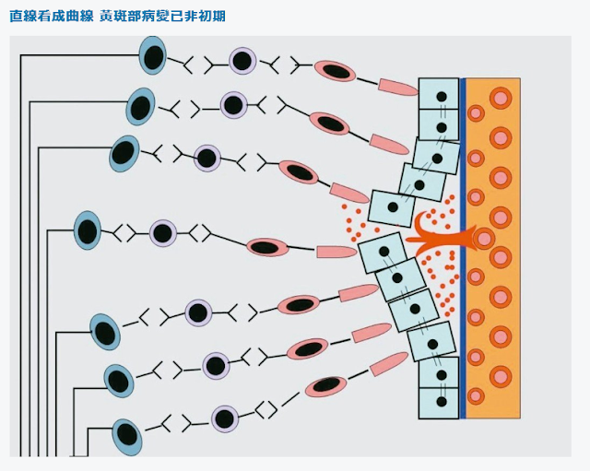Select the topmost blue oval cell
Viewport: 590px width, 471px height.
pos(152,56)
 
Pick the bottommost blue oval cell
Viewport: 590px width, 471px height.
pos(126,436)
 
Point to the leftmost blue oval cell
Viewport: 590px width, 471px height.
pos(88,230)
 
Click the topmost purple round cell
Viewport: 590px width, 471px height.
pos(242,62)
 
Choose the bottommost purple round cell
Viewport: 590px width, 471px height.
pos(225,419)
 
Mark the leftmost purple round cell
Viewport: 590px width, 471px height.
pos(163,233)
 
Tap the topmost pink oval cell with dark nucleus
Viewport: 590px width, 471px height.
pos(336,71)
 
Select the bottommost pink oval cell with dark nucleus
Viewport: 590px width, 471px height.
pos(325,387)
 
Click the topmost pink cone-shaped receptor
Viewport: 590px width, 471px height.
pos(398,88)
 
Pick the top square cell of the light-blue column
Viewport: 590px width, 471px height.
pos(439,95)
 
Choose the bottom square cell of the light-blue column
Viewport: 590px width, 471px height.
pos(439,404)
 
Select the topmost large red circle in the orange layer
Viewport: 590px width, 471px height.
pos(501,98)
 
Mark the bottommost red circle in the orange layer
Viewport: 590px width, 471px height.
pos(476,396)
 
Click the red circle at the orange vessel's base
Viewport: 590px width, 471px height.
pos(484,239)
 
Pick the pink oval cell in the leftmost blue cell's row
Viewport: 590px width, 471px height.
pos(267,247)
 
